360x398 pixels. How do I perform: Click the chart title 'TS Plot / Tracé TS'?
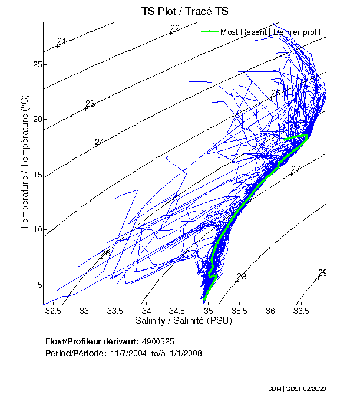click(x=184, y=11)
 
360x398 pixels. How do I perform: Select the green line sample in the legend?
click(x=209, y=32)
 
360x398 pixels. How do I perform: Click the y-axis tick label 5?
click(x=38, y=285)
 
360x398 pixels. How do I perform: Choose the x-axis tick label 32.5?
click(x=53, y=311)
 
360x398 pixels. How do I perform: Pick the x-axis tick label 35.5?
click(x=239, y=311)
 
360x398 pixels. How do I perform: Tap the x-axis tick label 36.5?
click(x=301, y=311)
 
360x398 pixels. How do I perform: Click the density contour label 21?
click(x=62, y=41)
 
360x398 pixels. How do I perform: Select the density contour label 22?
click(x=175, y=28)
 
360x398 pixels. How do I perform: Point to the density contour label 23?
click(x=90, y=104)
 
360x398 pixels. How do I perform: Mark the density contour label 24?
click(x=100, y=142)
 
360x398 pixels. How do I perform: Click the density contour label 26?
click(x=105, y=254)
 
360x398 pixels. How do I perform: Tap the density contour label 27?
click(x=296, y=169)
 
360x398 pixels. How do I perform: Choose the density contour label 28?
click(x=242, y=277)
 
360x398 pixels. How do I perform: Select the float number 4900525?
click(x=158, y=341)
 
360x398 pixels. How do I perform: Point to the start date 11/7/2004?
click(x=127, y=353)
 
